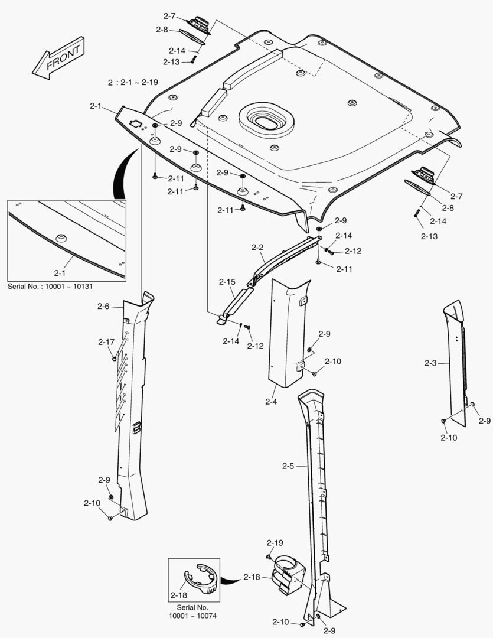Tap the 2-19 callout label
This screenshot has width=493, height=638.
[275, 542]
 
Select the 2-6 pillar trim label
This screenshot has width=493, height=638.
[103, 306]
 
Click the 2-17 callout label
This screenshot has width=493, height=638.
[106, 342]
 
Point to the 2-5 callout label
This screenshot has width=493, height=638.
[288, 466]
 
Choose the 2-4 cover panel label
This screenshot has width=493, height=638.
[271, 402]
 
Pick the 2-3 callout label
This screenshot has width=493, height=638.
[430, 363]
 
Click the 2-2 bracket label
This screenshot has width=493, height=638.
[257, 248]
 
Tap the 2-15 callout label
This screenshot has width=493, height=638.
[227, 282]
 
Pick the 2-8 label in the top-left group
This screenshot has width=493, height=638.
[162, 30]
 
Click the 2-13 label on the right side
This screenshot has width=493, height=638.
[429, 236]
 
